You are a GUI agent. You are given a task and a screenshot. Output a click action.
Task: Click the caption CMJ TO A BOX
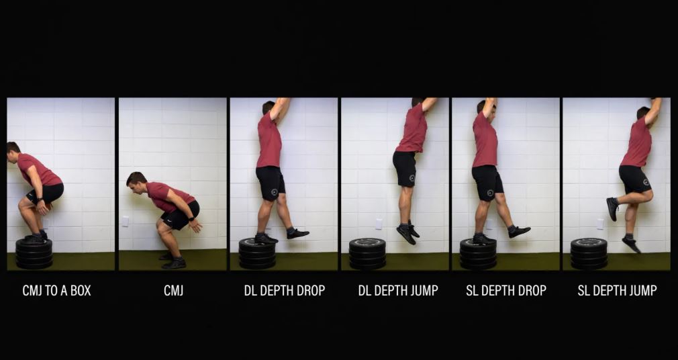coord(56,290)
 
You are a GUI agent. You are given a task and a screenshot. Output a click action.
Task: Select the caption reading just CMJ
coord(173,290)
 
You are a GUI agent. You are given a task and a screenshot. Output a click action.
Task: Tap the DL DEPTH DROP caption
coord(285,290)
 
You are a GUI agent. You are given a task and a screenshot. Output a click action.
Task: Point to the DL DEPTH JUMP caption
coord(398,290)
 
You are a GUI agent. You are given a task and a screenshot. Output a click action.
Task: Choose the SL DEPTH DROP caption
coord(506,290)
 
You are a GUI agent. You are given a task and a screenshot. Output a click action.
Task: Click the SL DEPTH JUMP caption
coord(617,290)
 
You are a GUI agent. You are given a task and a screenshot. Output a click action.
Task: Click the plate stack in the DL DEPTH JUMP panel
coord(367,254)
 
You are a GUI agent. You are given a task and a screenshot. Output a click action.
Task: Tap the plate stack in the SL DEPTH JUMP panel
coord(589,254)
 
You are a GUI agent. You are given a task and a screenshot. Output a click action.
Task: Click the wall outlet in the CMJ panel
coord(125,222)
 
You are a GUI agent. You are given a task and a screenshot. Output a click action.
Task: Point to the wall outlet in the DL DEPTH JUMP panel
coord(379,224)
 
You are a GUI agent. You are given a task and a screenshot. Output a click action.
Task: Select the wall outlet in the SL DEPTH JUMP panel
coord(600,224)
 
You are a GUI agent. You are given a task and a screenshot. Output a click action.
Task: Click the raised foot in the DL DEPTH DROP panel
coord(297,234)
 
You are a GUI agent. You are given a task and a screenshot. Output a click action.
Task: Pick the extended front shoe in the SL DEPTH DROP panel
coord(519,232)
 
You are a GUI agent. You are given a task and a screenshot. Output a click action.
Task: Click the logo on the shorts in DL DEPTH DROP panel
coord(274,192)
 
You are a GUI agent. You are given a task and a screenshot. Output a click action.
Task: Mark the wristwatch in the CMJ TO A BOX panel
coord(40,200)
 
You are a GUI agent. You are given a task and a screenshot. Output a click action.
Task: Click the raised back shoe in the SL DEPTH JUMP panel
coord(612,209)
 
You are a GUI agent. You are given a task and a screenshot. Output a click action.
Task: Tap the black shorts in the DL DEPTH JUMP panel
coord(405,169)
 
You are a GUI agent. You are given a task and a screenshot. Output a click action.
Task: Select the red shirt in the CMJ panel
coord(168,196)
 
